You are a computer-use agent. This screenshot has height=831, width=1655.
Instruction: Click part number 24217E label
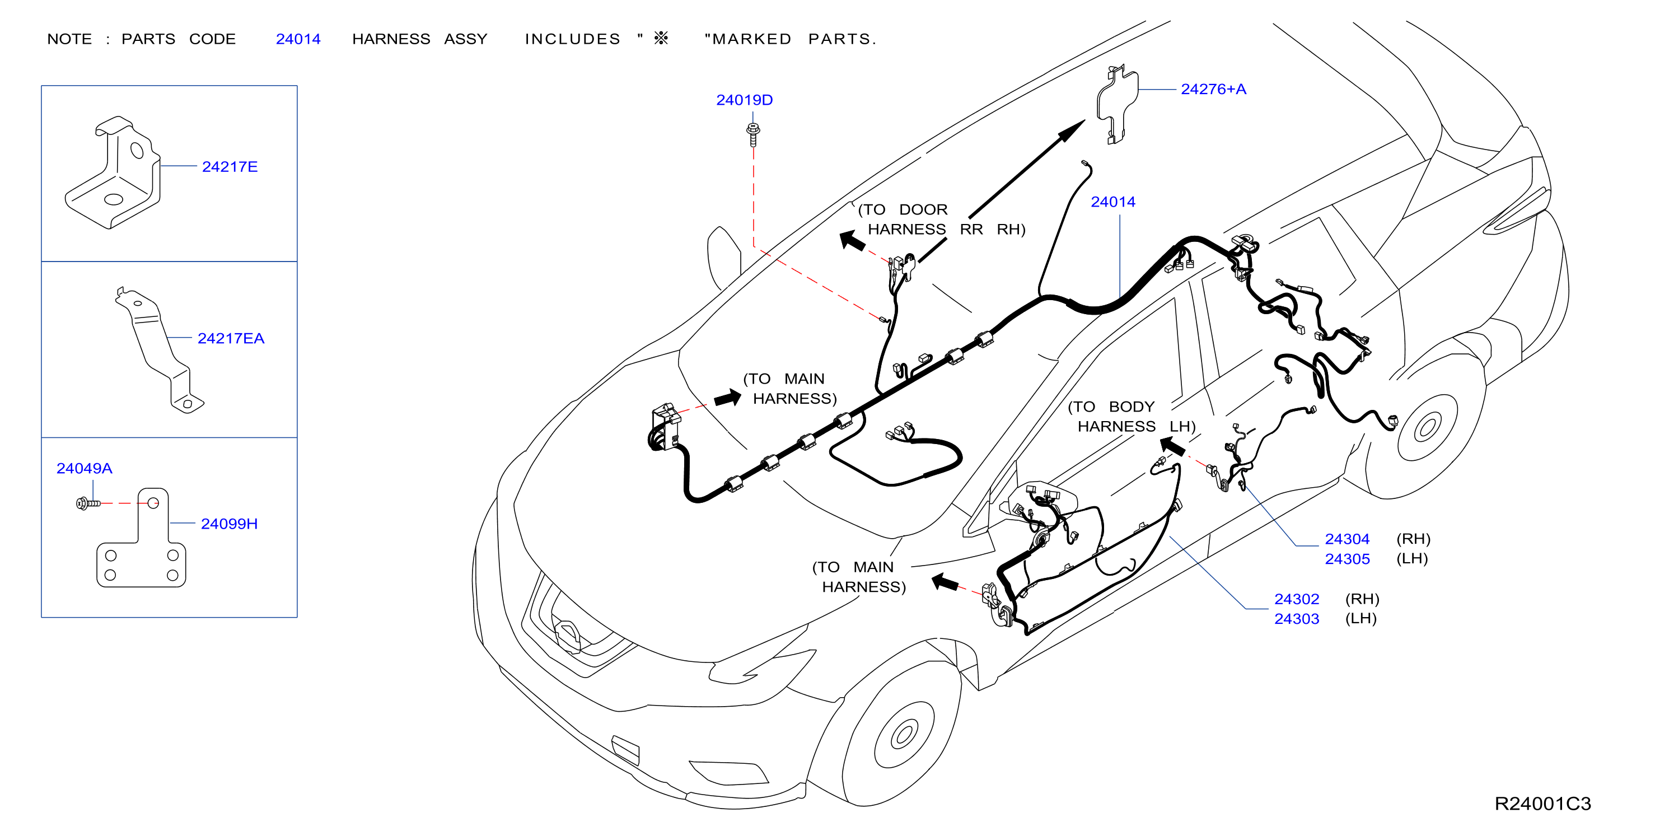(230, 166)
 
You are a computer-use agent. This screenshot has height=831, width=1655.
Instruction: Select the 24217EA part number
(231, 338)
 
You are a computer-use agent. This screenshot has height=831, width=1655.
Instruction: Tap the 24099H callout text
(229, 524)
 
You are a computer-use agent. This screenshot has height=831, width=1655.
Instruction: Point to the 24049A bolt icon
(88, 503)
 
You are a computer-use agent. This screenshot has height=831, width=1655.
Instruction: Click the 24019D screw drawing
(753, 134)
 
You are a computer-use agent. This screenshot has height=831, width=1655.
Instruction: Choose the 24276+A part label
(1213, 90)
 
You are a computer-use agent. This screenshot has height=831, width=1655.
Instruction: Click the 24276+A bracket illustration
(1116, 104)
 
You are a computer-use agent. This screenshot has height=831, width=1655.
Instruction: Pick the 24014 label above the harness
(1112, 202)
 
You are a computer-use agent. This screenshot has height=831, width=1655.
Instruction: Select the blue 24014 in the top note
(298, 39)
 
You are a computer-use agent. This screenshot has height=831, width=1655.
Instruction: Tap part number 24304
(1347, 539)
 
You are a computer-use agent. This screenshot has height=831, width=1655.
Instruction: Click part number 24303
(1296, 619)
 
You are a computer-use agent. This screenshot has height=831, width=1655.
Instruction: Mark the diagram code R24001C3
(1542, 804)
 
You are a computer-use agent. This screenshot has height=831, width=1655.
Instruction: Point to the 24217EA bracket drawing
(158, 351)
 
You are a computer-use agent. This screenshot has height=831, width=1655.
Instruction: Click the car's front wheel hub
(904, 735)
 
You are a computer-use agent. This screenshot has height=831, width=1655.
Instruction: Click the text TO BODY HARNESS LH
(1131, 417)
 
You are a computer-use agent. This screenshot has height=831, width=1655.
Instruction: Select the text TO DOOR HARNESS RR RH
(941, 219)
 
